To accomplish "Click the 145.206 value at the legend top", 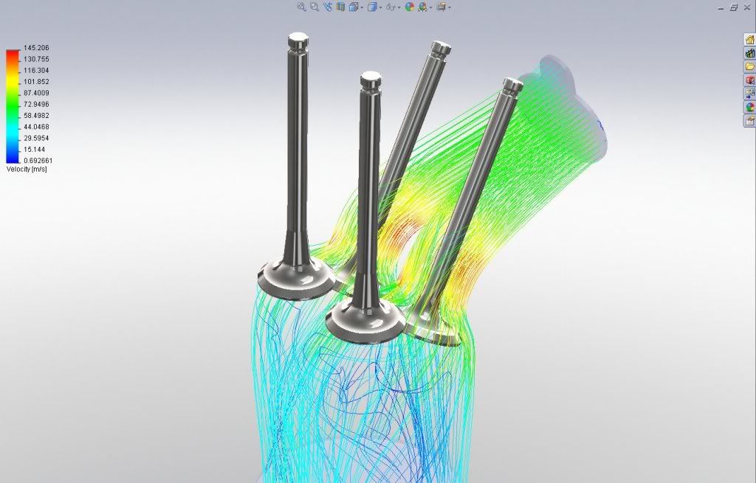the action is (36, 48).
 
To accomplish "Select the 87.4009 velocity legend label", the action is (36, 93).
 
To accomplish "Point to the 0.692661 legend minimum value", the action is (38, 160).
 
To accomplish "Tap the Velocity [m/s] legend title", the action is (27, 169).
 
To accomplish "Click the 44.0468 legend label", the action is (36, 127).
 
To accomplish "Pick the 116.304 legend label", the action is (36, 70).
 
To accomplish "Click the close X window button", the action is (747, 7).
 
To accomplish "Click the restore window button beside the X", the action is (734, 7).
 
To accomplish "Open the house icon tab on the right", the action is (750, 40).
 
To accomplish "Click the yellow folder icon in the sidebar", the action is (750, 66).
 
